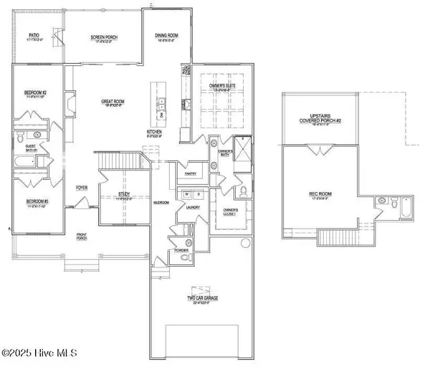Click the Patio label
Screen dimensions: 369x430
point(34,34)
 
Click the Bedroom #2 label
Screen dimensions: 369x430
point(36,95)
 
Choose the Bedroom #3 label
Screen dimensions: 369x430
point(36,201)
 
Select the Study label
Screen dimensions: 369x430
point(124,194)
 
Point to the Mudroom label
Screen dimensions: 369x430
point(161,203)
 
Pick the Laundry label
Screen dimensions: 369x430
point(192,209)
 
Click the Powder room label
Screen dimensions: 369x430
point(178,251)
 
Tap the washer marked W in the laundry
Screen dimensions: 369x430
point(186,194)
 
